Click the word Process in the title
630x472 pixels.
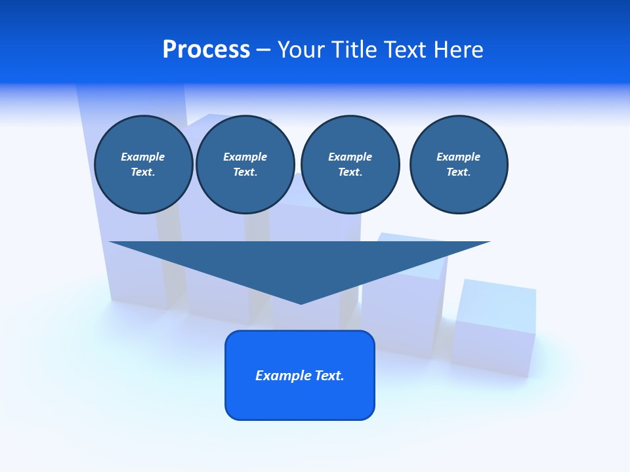206,50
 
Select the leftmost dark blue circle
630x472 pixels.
144,165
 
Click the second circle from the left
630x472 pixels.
245,165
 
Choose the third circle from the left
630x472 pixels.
350,165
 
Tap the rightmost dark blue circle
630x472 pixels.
459,165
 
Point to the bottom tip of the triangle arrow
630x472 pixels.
301,302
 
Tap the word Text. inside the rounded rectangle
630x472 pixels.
329,376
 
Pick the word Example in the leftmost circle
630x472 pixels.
143,157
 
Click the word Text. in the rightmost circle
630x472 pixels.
459,172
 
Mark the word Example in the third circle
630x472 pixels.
350,157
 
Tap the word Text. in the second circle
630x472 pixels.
245,172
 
